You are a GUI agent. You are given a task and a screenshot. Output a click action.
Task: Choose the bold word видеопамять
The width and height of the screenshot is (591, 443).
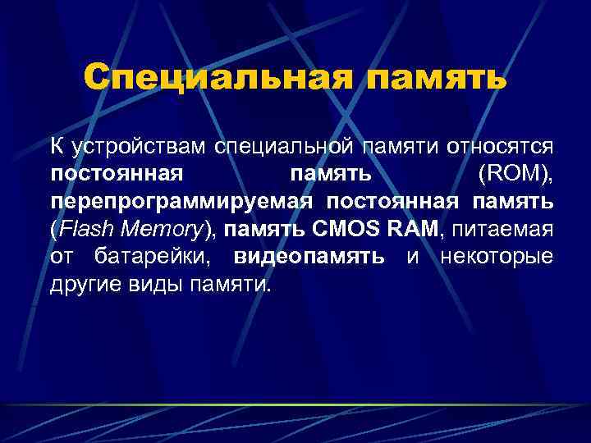coord(309,256)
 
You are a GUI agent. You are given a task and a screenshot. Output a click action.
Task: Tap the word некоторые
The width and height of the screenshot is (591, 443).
coord(497,256)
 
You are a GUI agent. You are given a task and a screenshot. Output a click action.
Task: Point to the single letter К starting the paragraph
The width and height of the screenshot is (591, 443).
coord(56,148)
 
